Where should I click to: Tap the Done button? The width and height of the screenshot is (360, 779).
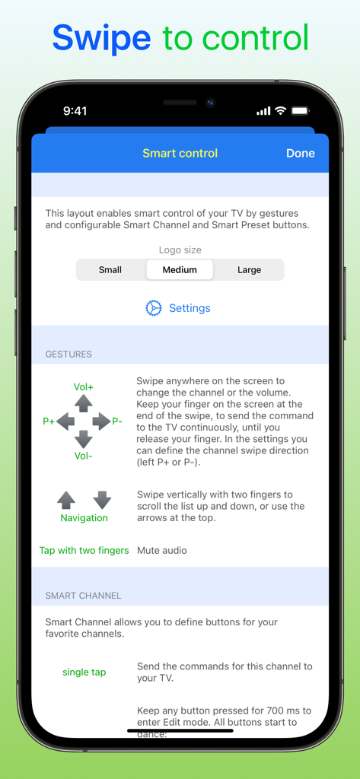point(300,153)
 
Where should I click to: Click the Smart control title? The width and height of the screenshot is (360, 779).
point(180,153)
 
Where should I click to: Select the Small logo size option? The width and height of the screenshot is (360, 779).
point(110,269)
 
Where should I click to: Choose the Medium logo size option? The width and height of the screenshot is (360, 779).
point(180,269)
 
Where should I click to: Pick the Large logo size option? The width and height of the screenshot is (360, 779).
point(249,269)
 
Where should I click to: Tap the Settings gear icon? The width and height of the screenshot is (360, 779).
point(154,308)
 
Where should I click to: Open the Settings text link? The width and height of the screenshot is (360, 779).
point(190,308)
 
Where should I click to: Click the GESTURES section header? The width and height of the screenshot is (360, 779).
point(68,354)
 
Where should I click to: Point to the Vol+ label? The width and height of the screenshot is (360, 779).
point(84,386)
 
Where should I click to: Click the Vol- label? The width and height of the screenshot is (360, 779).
point(84,456)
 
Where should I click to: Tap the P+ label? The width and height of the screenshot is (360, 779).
point(49,421)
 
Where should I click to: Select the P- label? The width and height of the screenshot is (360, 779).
point(117,421)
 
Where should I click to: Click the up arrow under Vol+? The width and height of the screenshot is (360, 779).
point(84,403)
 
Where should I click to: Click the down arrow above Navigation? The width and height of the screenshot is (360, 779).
point(102,500)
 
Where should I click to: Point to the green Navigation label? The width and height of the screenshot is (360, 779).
point(84,518)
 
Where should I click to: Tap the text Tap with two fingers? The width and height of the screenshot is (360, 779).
point(84,550)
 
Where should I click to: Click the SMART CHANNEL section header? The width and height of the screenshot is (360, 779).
point(83,595)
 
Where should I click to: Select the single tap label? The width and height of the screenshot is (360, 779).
point(84,672)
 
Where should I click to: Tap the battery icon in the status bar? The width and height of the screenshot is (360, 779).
point(301,111)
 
